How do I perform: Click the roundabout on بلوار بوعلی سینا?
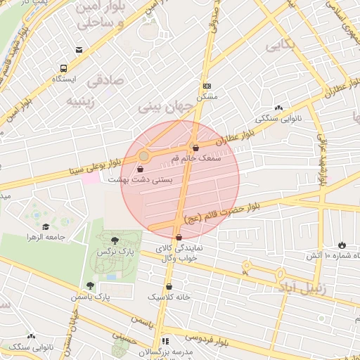pyautogui.click(x=143, y=155)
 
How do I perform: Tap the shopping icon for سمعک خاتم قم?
pyautogui.click(x=195, y=148)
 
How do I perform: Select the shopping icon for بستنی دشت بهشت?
pyautogui.click(x=140, y=169)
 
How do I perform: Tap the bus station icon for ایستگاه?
pyautogui.click(x=64, y=69)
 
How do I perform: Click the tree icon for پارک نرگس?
pyautogui.click(x=115, y=240)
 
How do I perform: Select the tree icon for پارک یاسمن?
pyautogui.click(x=90, y=285)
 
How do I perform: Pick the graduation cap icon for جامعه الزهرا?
pyautogui.click(x=46, y=226)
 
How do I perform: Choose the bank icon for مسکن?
pyautogui.click(x=206, y=84)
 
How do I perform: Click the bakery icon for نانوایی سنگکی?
pyautogui.click(x=279, y=108)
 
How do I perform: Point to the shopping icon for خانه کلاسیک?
pyautogui.click(x=169, y=286)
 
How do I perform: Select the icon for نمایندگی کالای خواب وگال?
pyautogui.click(x=179, y=238)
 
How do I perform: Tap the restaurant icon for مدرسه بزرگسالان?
pyautogui.click(x=166, y=340)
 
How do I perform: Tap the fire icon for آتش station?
pyautogui.click(x=342, y=245)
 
